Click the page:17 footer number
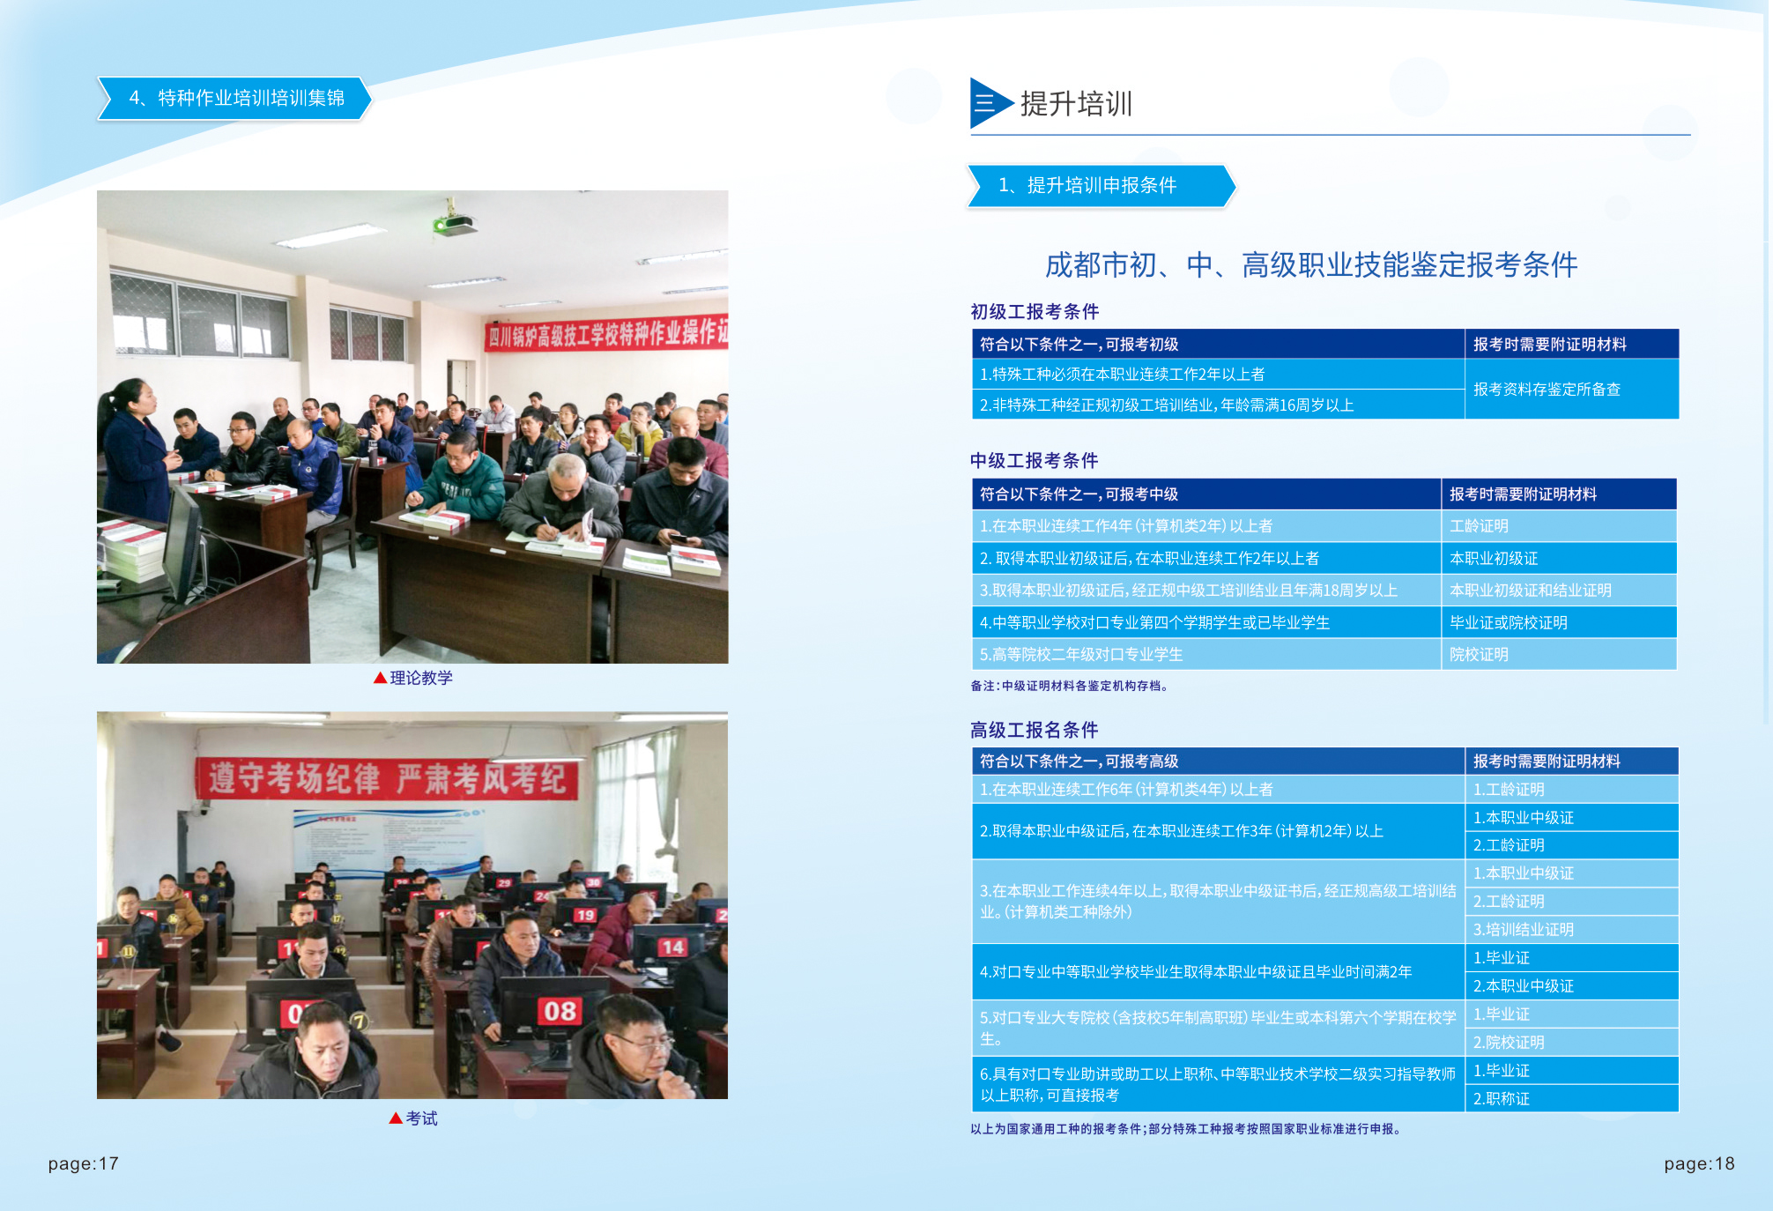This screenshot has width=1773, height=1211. [x=83, y=1163]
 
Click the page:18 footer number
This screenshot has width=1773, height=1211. [x=1699, y=1163]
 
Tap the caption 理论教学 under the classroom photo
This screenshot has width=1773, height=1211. [x=420, y=678]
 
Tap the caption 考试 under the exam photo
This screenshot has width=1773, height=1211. [x=420, y=1118]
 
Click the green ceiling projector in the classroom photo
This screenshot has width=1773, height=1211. [x=455, y=224]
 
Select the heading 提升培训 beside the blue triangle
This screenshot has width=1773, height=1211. [x=1076, y=104]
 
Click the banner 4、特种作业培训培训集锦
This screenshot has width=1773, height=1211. [x=235, y=98]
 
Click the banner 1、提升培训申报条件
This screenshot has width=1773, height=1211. [x=1087, y=185]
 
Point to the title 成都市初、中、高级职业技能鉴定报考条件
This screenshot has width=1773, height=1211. [x=1310, y=264]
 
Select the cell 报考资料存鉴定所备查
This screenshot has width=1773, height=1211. [x=1547, y=390]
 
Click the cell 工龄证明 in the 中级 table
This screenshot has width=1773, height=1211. [x=1479, y=526]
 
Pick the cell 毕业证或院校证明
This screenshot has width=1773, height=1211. [x=1508, y=623]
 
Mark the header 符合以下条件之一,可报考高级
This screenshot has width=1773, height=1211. [x=1079, y=762]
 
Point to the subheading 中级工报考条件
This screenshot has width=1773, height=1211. [x=1034, y=461]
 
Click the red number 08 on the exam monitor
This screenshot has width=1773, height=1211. [x=560, y=1011]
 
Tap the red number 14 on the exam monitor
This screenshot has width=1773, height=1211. [x=672, y=947]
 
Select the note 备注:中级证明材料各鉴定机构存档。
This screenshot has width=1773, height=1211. [x=1069, y=686]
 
